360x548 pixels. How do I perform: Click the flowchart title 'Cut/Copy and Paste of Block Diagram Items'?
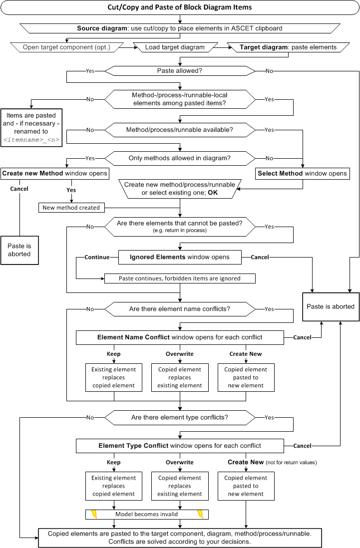click(180, 7)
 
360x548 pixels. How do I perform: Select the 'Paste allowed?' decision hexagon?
click(180, 71)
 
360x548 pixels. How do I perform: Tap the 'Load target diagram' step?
click(175, 47)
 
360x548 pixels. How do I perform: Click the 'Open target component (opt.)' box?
click(67, 47)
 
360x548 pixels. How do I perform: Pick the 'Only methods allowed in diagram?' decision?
click(180, 158)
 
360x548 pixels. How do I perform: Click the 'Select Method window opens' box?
click(303, 173)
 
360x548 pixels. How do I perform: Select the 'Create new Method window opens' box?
click(54, 173)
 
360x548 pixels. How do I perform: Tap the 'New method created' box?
click(71, 208)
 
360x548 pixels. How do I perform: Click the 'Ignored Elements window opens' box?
click(180, 257)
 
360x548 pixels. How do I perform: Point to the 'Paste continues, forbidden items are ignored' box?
click(180, 278)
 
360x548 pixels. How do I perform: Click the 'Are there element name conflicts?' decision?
click(180, 309)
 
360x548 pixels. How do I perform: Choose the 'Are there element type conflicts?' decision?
click(180, 417)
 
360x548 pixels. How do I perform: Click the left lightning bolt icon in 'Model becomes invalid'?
click(94, 514)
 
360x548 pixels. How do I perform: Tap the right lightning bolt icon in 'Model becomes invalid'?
click(200, 514)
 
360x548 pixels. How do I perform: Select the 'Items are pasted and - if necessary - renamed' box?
click(31, 128)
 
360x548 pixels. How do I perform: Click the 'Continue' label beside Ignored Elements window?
click(97, 257)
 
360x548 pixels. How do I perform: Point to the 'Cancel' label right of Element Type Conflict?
click(303, 446)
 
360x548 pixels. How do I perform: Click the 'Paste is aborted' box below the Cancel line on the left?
click(19, 250)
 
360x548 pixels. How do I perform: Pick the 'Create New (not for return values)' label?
click(272, 462)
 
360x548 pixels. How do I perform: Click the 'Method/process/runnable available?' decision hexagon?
click(180, 130)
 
